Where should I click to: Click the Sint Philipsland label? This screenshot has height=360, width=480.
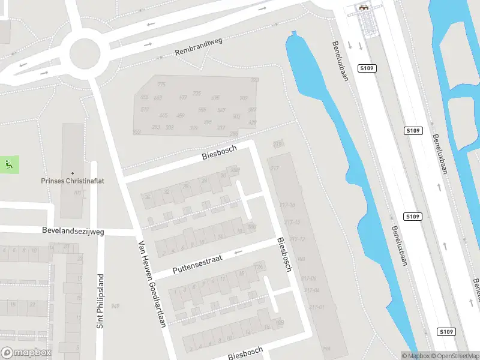tap(101, 301)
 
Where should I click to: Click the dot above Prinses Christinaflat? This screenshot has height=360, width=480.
tap(73, 173)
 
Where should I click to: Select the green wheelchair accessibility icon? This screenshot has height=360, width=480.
tap(9, 164)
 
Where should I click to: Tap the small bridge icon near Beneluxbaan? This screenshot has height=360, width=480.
tap(364, 8)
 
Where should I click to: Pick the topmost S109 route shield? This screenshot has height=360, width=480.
tap(367, 68)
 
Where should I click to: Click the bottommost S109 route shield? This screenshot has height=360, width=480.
tap(445, 332)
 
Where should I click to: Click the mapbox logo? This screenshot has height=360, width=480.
tap(26, 353)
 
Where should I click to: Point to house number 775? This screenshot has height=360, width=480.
tap(161, 85)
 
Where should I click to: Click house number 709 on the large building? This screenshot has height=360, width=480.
tap(244, 98)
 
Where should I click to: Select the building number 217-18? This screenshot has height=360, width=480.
tap(288, 205)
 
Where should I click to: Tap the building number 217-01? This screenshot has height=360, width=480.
tap(317, 307)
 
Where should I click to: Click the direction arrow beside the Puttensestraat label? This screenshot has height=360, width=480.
tap(239, 253)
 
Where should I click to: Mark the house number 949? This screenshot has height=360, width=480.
tap(115, 306)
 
